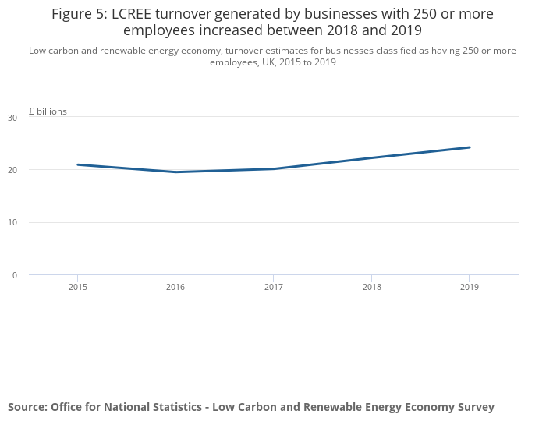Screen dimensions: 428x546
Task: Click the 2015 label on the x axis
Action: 77,288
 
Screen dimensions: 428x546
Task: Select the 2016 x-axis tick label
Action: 175,288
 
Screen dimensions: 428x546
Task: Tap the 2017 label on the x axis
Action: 273,288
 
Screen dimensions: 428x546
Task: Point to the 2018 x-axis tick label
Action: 371,288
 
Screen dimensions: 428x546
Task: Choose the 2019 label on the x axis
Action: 469,288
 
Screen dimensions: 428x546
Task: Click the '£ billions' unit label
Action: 48,111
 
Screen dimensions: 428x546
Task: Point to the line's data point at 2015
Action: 77,164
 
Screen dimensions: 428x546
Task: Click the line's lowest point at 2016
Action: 175,172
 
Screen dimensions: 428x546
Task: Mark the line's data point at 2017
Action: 273,168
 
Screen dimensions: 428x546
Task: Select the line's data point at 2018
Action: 371,157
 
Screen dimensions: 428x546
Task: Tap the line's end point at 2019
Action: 469,147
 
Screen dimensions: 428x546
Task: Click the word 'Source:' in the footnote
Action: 27,407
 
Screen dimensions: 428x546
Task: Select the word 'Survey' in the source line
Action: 473,407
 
